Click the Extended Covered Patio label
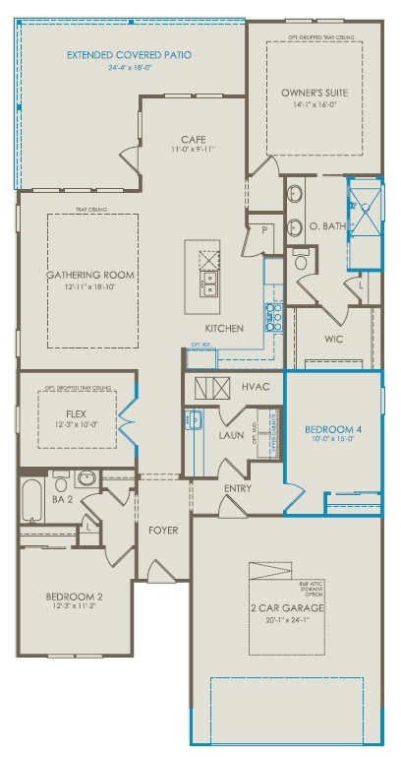130,55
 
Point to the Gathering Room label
89,275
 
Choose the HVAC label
256,388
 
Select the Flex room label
76,413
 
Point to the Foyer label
162,530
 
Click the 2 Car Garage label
287,607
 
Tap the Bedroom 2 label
74,597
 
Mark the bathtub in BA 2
31,501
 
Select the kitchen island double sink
209,285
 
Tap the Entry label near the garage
237,488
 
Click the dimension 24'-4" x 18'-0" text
130,68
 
